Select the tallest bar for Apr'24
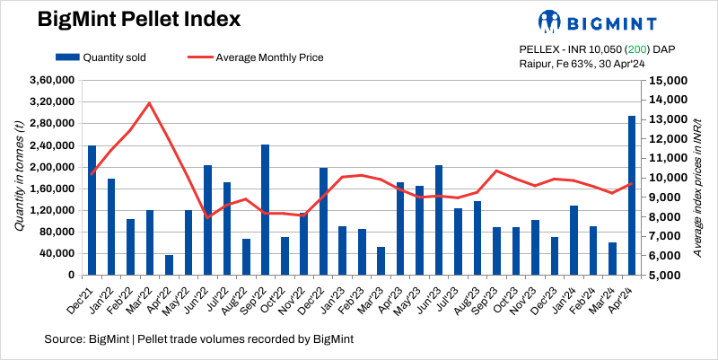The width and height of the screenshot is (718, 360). point(632,195)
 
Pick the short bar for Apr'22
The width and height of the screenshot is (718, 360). point(170,265)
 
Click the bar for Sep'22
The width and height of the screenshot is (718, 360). point(266,209)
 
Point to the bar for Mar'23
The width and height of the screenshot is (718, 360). point(381,261)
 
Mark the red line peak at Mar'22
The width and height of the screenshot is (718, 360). point(149,103)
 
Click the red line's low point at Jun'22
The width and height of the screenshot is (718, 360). point(207,217)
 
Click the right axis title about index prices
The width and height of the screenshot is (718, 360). point(697,178)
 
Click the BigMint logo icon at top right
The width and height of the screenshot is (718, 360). point(549,21)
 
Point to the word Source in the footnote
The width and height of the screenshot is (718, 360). point(65,339)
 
